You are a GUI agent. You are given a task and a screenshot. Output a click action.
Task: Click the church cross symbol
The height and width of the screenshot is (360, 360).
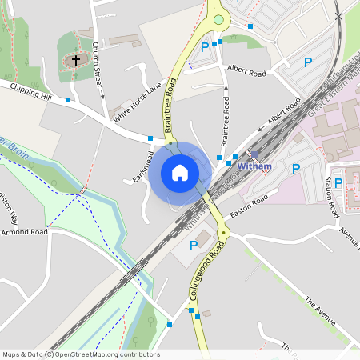77,59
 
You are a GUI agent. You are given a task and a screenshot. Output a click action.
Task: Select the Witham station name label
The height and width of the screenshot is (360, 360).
255,166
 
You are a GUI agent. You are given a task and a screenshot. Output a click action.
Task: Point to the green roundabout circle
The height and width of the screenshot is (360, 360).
218,20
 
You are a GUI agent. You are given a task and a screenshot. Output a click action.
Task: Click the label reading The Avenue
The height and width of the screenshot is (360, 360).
319,308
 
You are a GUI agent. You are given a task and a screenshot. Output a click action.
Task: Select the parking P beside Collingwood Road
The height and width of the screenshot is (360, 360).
193,246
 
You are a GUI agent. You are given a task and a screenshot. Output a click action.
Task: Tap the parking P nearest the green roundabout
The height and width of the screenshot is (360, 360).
205,46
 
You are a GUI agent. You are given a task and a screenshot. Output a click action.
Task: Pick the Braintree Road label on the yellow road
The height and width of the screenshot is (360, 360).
170,110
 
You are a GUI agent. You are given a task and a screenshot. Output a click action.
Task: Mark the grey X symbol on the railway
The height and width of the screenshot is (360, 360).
339,16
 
